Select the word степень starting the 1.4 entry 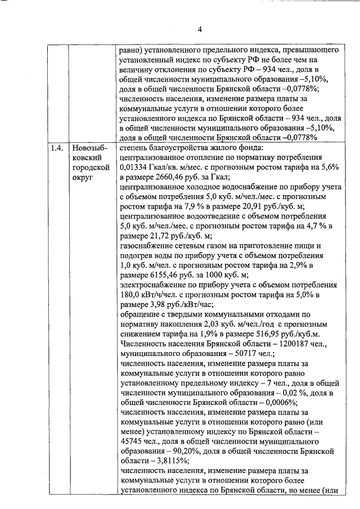pos(135,148)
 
